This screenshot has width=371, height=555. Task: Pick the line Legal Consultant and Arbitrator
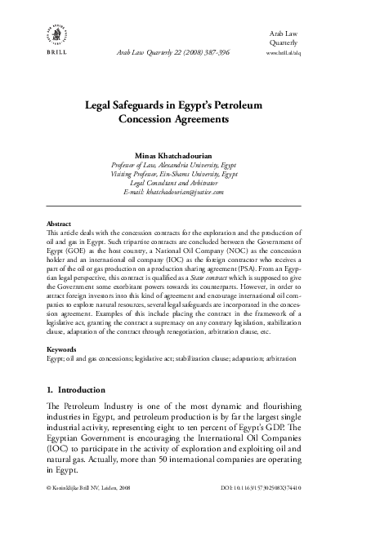point(185,182)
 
